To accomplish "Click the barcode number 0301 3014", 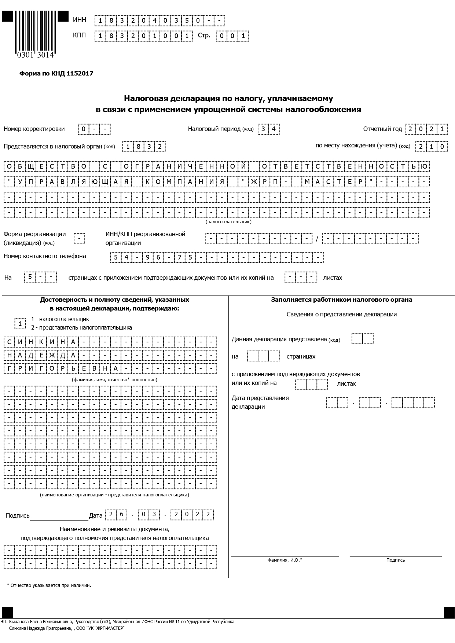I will point(35,55).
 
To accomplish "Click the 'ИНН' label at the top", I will point(80,20).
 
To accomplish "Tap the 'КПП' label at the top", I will point(80,36).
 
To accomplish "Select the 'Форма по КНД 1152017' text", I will point(56,73).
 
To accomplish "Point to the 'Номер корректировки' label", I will point(34,129).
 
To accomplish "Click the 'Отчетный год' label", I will point(382,129).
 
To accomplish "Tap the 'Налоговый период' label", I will point(214,129).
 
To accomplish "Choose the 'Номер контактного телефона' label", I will point(45,256).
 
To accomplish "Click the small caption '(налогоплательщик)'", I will point(228,222).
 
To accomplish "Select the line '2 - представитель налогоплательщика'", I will point(81,327).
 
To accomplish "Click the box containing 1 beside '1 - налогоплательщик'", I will point(20,324).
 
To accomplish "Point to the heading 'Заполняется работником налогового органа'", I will point(341,300).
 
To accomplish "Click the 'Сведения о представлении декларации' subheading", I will point(341,314).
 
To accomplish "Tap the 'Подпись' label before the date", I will point(18,515).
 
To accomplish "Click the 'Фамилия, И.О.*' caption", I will point(285,560).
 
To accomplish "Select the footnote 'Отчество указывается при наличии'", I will point(50,585).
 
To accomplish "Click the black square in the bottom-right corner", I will point(449,612).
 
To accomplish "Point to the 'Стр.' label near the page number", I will point(204,36).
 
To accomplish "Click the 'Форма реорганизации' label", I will point(34,234).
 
